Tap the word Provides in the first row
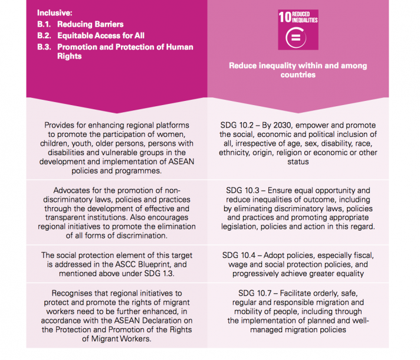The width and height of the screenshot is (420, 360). [61, 126]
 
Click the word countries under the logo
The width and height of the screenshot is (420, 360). [299, 75]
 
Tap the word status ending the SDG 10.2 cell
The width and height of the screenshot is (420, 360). [298, 162]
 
